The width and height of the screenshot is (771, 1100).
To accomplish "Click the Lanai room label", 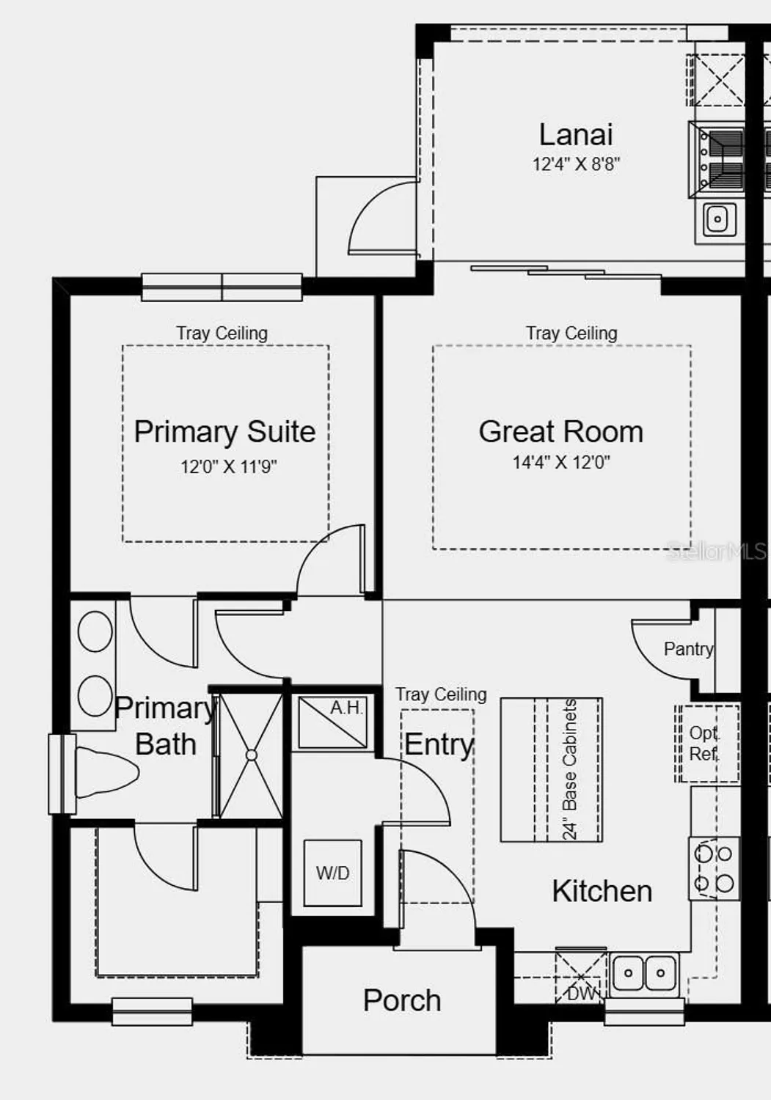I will [x=576, y=135].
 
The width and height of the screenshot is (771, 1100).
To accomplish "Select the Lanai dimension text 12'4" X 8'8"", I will [x=576, y=164].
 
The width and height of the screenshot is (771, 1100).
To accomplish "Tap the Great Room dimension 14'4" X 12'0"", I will [x=561, y=462].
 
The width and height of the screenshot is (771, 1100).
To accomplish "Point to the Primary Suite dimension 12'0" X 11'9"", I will [x=229, y=466].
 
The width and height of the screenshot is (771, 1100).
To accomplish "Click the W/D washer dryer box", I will [x=333, y=873].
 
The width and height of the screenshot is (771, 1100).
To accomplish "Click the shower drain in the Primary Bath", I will [x=252, y=755].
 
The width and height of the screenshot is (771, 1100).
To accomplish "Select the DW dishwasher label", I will [x=582, y=994].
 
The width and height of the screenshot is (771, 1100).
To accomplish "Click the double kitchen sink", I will [x=645, y=974].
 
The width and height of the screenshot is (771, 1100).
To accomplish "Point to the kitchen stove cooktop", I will [x=715, y=868].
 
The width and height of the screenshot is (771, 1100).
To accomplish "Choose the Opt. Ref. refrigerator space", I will [x=706, y=743].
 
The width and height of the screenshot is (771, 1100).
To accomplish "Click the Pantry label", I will [x=688, y=649].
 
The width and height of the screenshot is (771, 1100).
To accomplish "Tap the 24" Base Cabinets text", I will [x=570, y=769].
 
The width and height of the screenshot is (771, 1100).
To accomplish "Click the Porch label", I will [x=402, y=1001].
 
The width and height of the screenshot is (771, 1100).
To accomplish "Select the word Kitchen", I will [x=602, y=892].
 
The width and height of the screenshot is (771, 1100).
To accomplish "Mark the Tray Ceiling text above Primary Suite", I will [x=222, y=333].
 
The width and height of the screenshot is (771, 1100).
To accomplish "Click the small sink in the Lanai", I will [x=717, y=219].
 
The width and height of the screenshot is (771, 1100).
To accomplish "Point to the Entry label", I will [x=439, y=744].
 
